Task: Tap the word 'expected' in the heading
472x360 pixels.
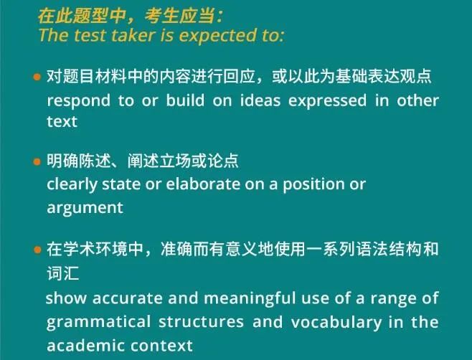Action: [x=217, y=36]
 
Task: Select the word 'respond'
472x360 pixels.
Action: [x=79, y=101]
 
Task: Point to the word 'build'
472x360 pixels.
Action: [x=185, y=100]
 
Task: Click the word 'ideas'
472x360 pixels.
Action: [x=260, y=100]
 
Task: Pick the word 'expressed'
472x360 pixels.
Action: [x=328, y=101]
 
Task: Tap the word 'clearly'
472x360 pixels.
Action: [x=72, y=185]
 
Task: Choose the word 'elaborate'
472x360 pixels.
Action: [x=203, y=184]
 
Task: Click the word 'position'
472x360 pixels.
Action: [x=313, y=185]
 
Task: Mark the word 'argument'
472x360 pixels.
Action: [x=85, y=208]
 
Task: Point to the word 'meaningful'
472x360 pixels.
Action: [x=250, y=299]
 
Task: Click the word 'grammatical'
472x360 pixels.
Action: [x=98, y=323]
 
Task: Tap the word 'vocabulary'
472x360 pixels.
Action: [x=336, y=323]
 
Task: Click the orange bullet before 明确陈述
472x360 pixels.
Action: [x=37, y=162]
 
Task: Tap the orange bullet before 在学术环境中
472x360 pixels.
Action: [x=37, y=250]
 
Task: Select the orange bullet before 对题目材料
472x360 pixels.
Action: [x=37, y=77]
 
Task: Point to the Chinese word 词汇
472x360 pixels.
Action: [x=63, y=273]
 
